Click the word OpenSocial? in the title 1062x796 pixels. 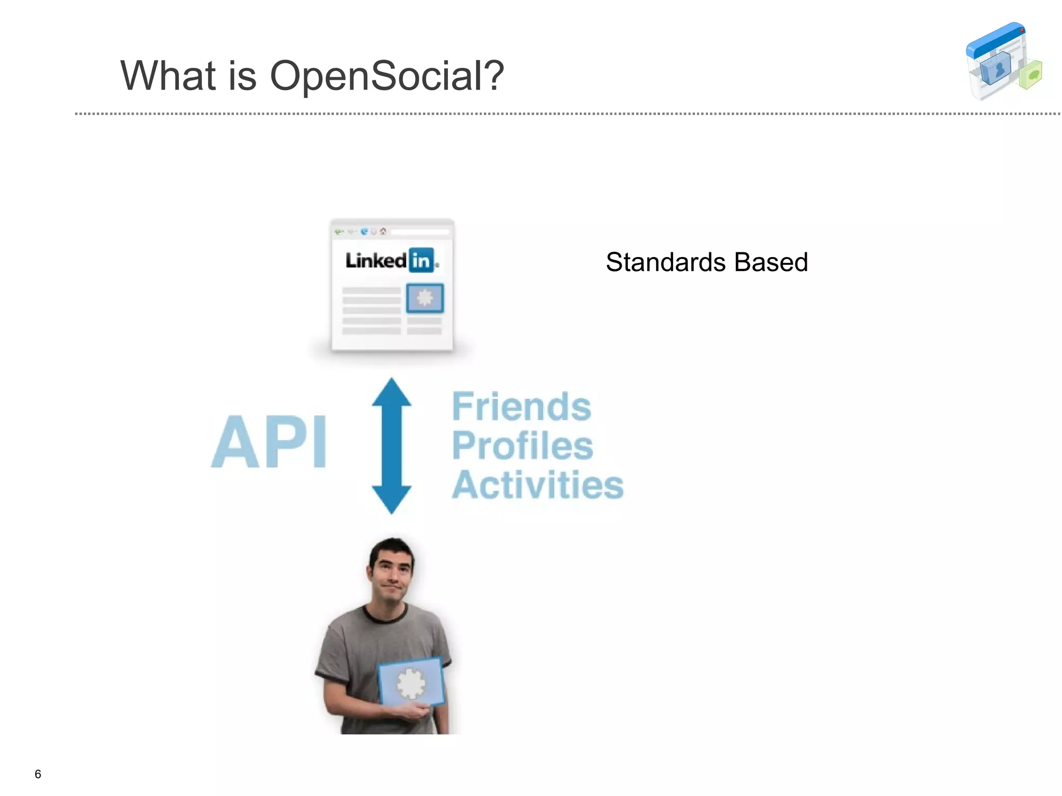(x=386, y=76)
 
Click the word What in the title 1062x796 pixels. (x=167, y=76)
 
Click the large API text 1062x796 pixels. (x=269, y=442)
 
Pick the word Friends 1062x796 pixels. (x=521, y=407)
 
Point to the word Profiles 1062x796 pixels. (x=522, y=446)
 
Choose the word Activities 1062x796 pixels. (x=537, y=485)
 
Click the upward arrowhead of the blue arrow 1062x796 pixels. (x=392, y=393)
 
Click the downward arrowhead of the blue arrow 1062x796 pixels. (x=392, y=499)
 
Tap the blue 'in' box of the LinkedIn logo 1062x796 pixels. (x=421, y=260)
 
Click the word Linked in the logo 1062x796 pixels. (x=376, y=261)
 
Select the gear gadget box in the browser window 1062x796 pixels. (x=425, y=298)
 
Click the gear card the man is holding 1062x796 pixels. (x=411, y=681)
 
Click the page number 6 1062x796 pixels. (x=38, y=774)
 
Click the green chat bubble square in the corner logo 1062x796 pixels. (x=1031, y=75)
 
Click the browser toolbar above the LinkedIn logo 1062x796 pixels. (x=392, y=232)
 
